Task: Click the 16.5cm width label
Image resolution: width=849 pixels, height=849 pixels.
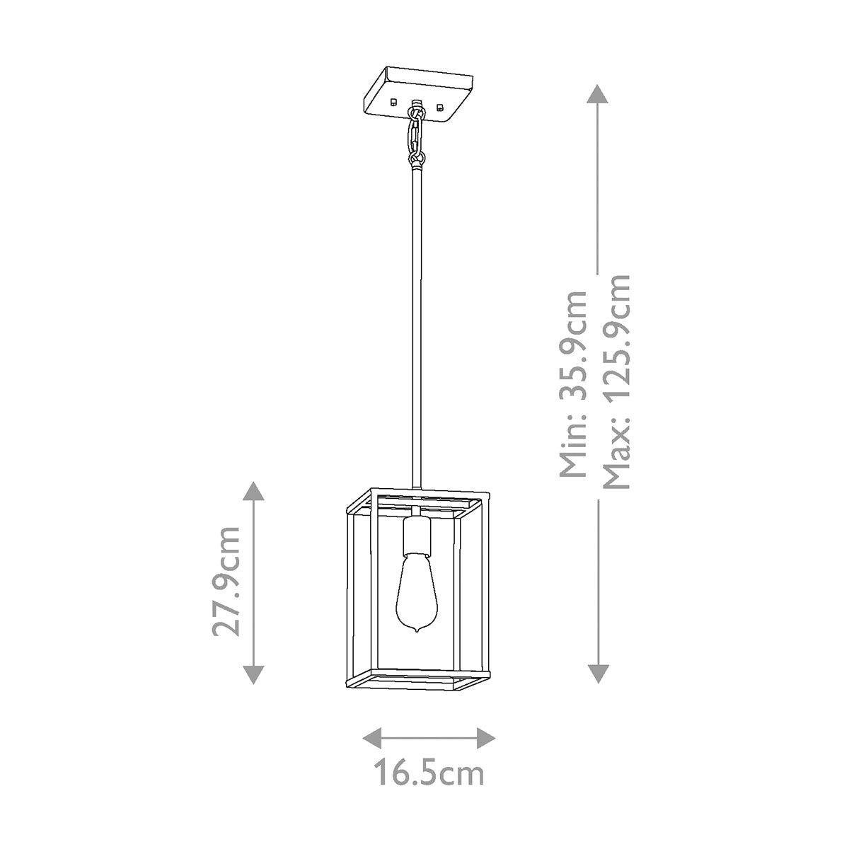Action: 429,774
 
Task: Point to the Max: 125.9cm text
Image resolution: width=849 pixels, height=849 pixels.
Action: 615,382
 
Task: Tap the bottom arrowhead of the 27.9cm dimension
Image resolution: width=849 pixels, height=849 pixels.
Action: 253,675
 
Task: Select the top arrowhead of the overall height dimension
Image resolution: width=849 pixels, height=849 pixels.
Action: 599,95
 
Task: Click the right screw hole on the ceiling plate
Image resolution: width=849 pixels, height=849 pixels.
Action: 441,108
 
